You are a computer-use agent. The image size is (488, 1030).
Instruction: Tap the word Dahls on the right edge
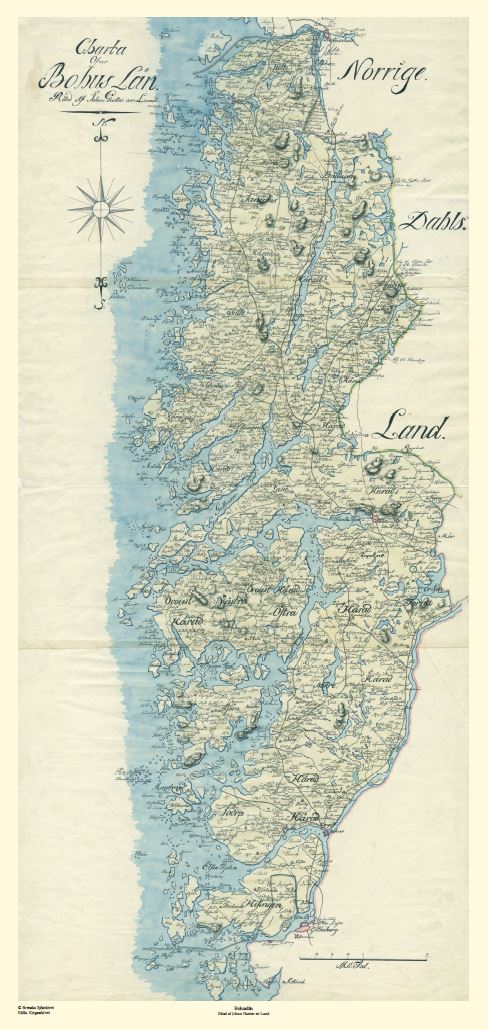(x=432, y=222)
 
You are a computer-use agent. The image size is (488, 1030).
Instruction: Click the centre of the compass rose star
(x=100, y=209)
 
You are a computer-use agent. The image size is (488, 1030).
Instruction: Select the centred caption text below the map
(x=244, y=1013)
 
